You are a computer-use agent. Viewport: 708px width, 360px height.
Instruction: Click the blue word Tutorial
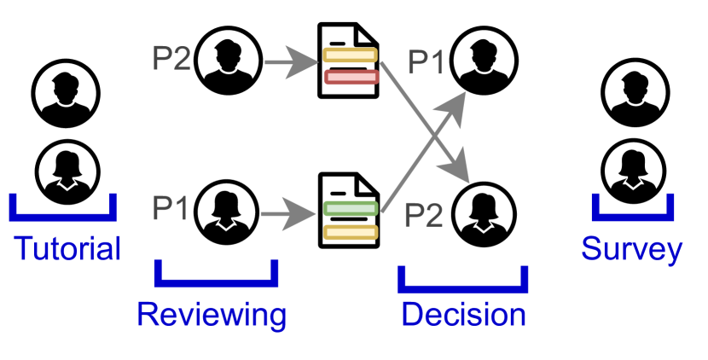(67, 249)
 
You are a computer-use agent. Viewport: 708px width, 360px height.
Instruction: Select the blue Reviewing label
(212, 315)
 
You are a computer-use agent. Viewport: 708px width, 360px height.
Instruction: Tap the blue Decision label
(463, 315)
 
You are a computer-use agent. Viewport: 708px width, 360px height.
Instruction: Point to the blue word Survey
(631, 249)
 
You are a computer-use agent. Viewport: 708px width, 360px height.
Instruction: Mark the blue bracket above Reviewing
(217, 276)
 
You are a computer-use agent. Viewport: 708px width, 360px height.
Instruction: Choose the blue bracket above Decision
(463, 281)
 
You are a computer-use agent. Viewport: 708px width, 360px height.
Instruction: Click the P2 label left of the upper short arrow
(171, 60)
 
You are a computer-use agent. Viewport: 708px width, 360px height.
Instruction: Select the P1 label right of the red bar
(427, 63)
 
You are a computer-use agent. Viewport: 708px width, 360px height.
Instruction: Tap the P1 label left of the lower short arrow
(171, 208)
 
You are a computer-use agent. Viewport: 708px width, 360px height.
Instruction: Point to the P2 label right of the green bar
(423, 215)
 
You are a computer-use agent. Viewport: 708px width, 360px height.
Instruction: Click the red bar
(351, 78)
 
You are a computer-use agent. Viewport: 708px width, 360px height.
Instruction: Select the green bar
(351, 208)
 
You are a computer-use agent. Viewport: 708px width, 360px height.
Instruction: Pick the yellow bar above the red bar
(350, 55)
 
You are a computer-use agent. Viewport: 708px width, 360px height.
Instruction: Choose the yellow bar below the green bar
(351, 231)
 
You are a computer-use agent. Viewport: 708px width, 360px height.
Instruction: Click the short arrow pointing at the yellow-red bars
(290, 61)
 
